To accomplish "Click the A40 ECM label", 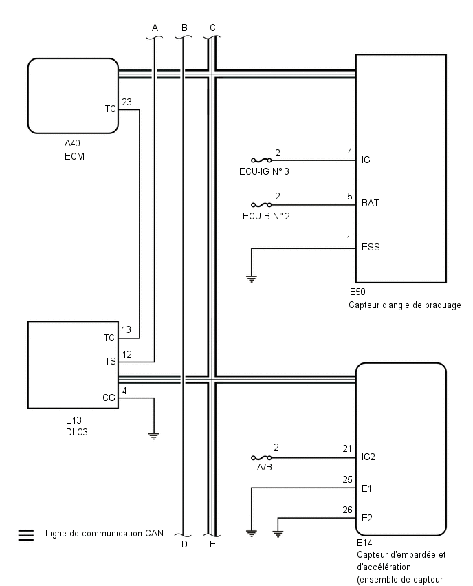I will (x=74, y=149).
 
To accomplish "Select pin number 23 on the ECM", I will (x=127, y=102).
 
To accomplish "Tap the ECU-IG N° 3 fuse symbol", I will (x=261, y=160).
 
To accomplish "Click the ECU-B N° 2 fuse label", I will (x=265, y=215).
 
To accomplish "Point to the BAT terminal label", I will (x=370, y=204).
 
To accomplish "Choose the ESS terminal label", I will (x=371, y=247).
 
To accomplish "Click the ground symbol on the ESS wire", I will (x=252, y=279).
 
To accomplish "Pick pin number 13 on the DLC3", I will (x=126, y=330).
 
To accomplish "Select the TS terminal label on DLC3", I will (x=110, y=360).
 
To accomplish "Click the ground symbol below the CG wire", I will (x=154, y=435).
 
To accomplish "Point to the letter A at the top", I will (x=155, y=27).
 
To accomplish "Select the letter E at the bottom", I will (x=212, y=544).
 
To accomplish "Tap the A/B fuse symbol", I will (x=261, y=457).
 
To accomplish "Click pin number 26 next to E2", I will (x=348, y=510).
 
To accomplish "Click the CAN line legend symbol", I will (x=25, y=534).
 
